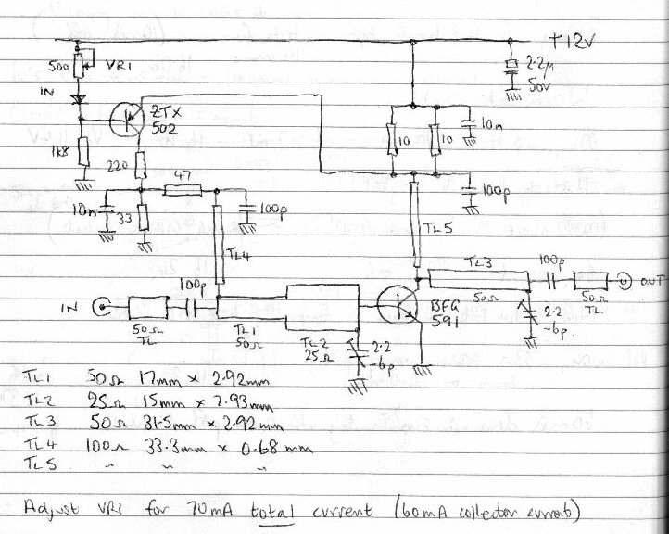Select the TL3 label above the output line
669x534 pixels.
473,263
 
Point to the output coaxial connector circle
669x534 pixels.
625,279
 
